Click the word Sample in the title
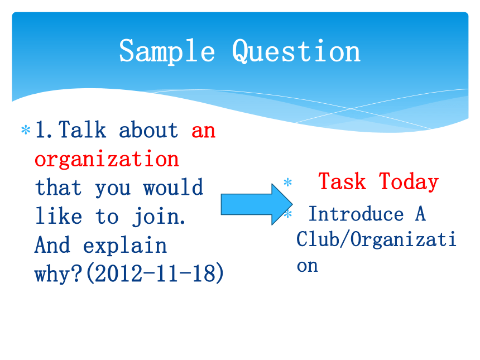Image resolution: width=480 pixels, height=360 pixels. point(167,51)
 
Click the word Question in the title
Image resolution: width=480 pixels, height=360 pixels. point(296,51)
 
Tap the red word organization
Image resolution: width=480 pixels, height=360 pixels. point(107,160)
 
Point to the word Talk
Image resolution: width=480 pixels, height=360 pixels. point(82,130)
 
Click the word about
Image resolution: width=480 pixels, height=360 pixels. point(148,130)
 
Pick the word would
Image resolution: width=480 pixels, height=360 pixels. point(173,187)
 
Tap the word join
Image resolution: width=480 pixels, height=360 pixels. point(159,217)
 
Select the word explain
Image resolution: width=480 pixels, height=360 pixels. point(125,246)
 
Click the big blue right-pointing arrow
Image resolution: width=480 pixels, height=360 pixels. point(257,204)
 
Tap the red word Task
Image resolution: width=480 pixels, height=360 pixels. point(342,181)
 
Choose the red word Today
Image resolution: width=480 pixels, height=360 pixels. point(409,182)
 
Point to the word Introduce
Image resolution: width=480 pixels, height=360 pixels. point(356,214)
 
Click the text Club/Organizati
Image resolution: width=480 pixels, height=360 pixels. point(376,239)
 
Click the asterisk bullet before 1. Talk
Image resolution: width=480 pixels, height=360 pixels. point(26,130)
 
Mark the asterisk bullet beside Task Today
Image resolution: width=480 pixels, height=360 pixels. point(288,183)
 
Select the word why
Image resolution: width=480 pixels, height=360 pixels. point(59,273)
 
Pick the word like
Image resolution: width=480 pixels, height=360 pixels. point(59,216)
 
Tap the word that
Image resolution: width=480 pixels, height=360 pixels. point(58,187)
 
